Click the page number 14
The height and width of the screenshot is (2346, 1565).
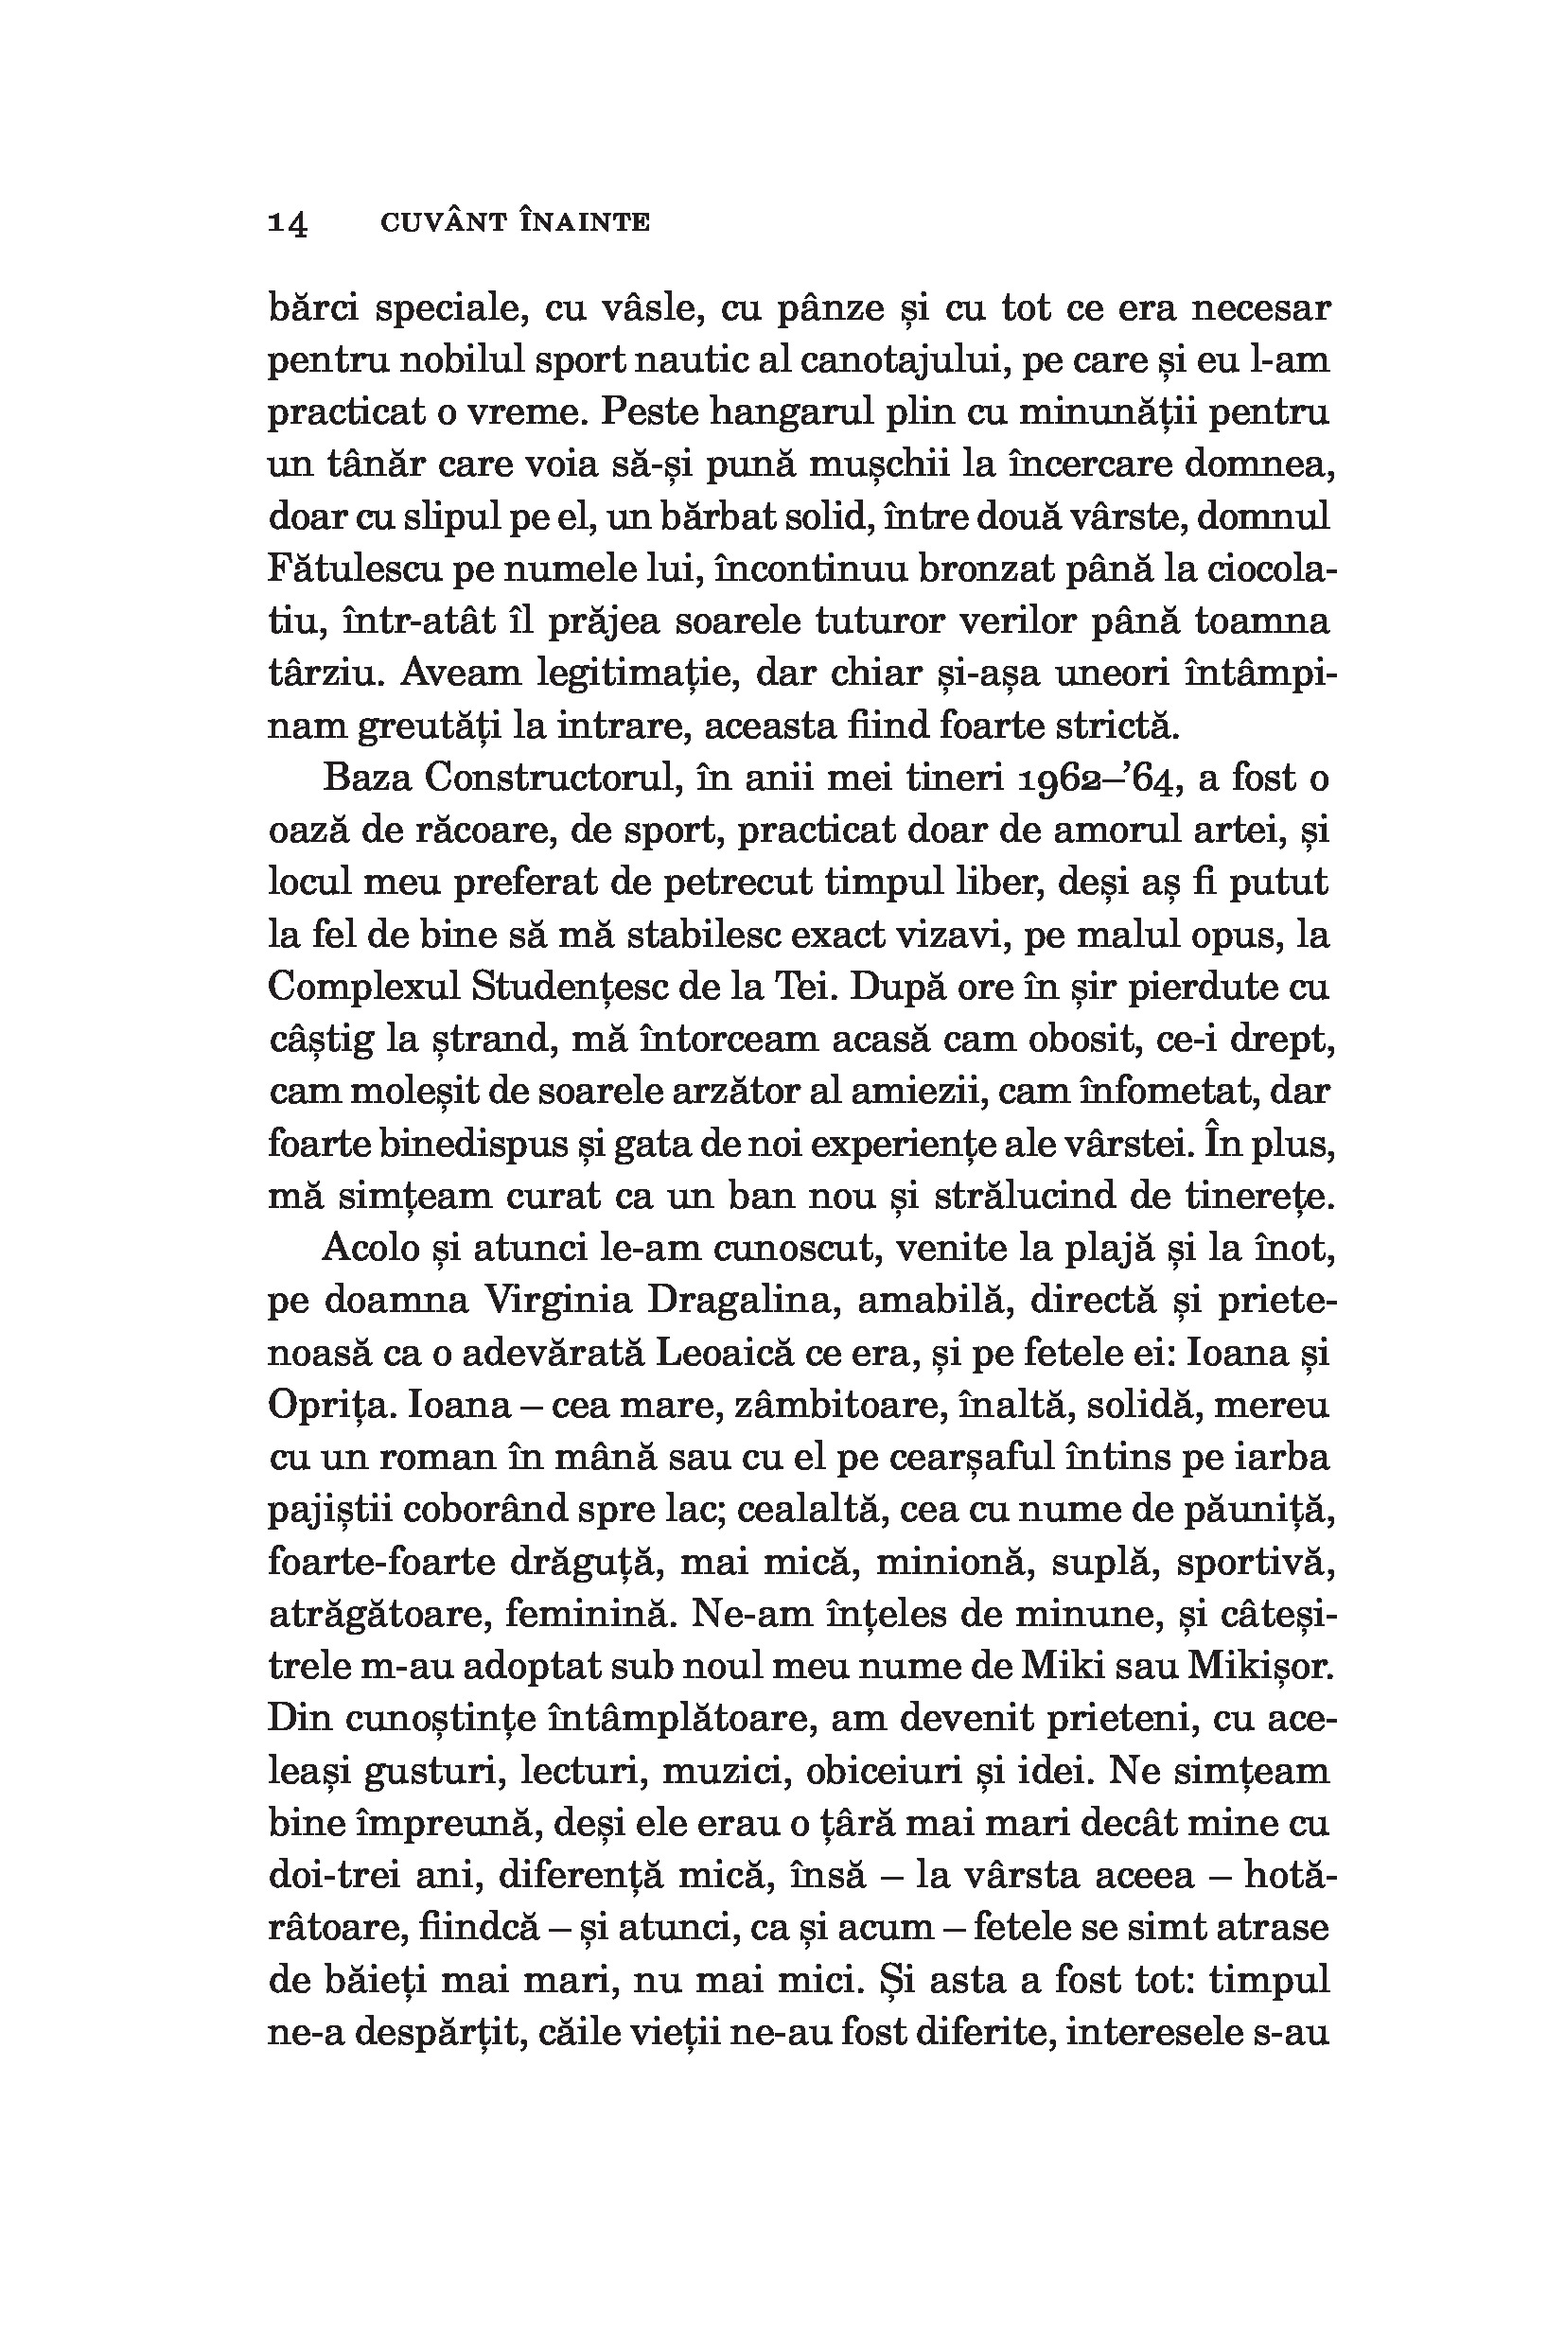[x=288, y=222]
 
